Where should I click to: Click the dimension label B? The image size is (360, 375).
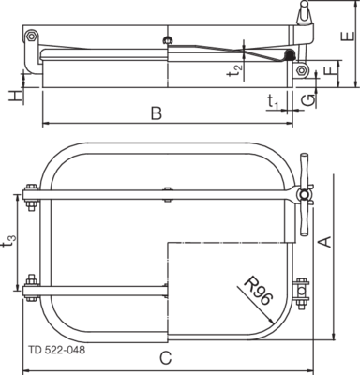[x=157, y=113]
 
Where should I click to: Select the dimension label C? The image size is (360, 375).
[x=166, y=358]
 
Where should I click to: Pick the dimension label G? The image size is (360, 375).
[x=309, y=100]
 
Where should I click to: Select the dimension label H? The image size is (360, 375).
[x=15, y=96]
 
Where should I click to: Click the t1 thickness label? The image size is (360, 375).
[x=273, y=102]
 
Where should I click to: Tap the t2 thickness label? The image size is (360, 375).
[x=234, y=70]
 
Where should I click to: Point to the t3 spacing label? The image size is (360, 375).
[x=9, y=241]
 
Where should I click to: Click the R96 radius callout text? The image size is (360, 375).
[x=258, y=291]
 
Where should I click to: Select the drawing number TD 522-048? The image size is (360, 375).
[x=56, y=350]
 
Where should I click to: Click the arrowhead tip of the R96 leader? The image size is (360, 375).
[x=274, y=323]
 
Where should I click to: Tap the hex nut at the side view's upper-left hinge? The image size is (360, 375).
[x=31, y=36]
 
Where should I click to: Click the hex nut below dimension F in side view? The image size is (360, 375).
[x=302, y=70]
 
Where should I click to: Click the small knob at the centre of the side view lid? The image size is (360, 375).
[x=168, y=40]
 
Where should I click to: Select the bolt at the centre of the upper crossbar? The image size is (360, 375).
[x=168, y=194]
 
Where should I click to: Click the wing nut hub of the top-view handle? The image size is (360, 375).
[x=303, y=195]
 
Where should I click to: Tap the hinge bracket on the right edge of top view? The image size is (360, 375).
[x=301, y=293]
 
